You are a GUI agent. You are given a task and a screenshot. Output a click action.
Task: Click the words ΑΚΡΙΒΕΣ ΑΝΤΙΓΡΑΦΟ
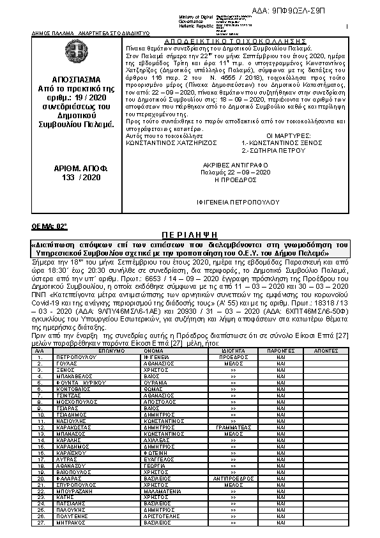click(x=236, y=164)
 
